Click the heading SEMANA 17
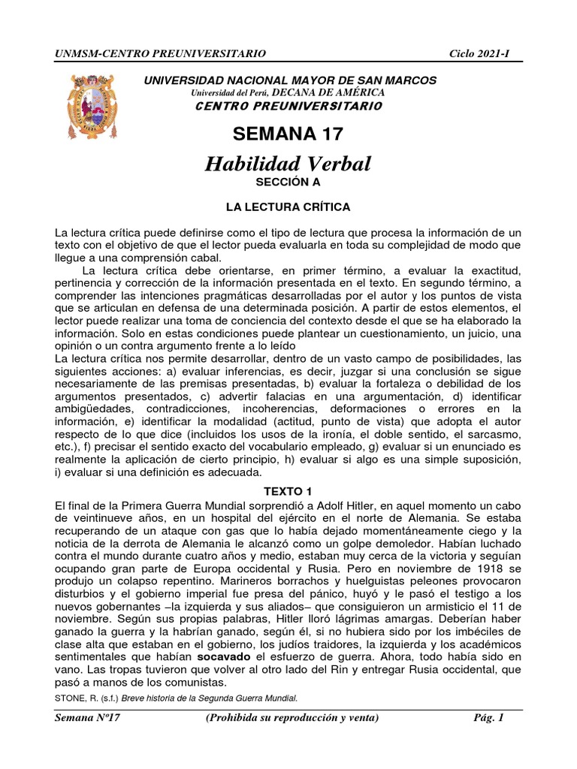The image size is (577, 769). pyautogui.click(x=288, y=134)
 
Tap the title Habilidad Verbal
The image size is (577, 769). pyautogui.click(x=288, y=164)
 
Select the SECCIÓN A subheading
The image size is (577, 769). pyautogui.click(x=288, y=182)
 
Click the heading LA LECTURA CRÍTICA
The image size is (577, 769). pyautogui.click(x=288, y=206)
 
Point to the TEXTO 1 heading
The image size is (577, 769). pyautogui.click(x=288, y=491)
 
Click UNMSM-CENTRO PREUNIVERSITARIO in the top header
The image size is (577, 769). pyautogui.click(x=160, y=53)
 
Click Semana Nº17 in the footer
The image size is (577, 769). pyautogui.click(x=89, y=718)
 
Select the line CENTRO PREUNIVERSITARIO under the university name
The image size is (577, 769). pyautogui.click(x=288, y=106)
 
